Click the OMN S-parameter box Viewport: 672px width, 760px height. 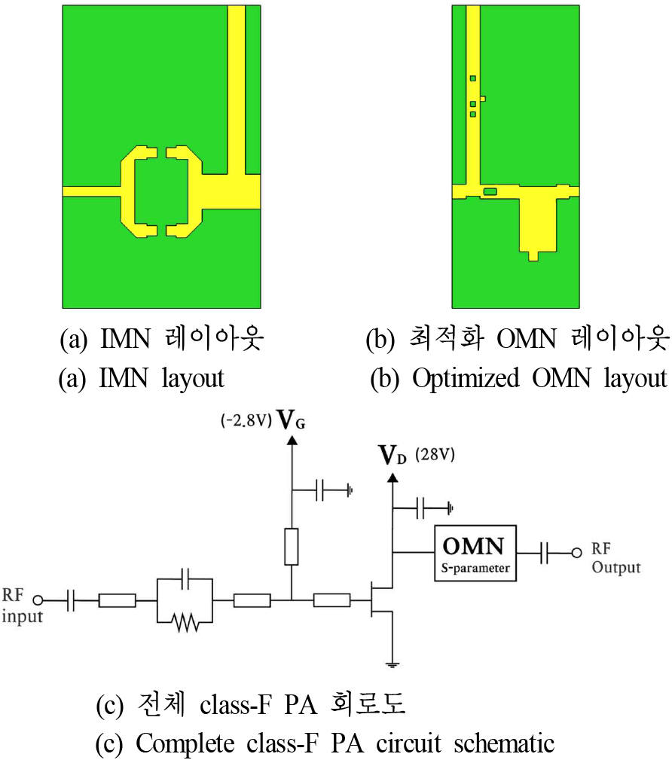tap(475, 553)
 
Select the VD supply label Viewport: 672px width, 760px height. tap(392, 456)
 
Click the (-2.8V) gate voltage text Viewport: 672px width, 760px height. tap(246, 420)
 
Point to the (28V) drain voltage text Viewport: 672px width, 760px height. tap(435, 455)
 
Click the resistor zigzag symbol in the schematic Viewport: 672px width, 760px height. tap(185, 622)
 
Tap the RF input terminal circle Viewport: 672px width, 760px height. tap(38, 600)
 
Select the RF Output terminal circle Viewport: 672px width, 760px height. tap(576, 553)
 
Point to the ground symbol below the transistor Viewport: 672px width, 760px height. tap(393, 664)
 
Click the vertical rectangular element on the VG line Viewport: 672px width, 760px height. tap(292, 547)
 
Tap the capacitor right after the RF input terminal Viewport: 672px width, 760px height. tap(70, 600)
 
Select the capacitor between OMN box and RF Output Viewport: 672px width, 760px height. tap(544, 553)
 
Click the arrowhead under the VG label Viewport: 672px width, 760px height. tap(292, 440)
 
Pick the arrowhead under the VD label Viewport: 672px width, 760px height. tap(393, 478)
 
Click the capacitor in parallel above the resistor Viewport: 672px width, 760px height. tap(185, 578)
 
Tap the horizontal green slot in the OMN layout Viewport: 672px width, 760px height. tap(490, 191)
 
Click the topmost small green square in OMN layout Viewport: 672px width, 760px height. tap(472, 78)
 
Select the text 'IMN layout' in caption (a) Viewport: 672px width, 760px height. tap(161, 379)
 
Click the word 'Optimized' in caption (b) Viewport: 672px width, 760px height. tap(466, 379)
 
